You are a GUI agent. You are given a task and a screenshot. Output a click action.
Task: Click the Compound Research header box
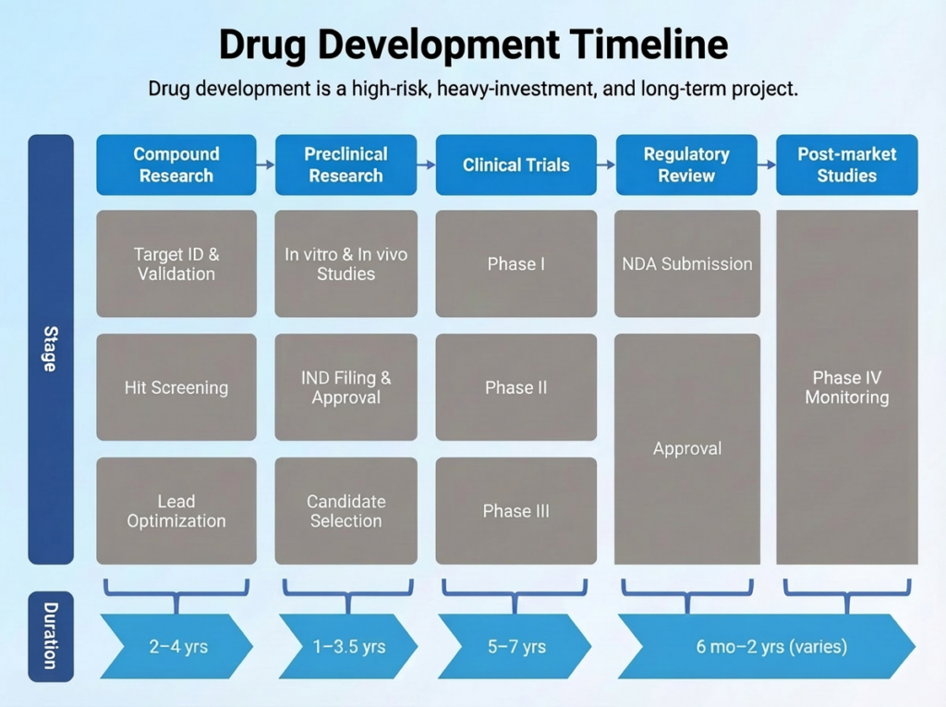coord(176,165)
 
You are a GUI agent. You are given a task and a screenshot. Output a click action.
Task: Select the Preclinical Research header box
coord(346,165)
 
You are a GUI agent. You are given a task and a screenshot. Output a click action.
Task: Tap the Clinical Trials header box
coord(515,165)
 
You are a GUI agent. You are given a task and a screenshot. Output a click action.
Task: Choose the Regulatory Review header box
coord(686,165)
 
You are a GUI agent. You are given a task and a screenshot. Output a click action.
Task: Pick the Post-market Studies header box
coord(846,165)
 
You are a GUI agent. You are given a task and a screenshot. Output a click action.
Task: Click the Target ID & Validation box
coord(176,263)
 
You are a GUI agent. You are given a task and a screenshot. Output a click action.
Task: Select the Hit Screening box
coord(176,387)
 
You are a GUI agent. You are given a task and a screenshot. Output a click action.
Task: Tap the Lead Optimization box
coord(176,511)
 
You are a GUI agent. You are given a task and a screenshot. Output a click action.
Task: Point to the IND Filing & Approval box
coord(346,387)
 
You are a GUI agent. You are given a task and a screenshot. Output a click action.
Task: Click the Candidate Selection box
coord(346,511)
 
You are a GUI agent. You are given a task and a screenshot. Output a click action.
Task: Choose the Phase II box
coord(515,387)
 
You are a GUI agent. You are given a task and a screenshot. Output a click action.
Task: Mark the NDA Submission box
coord(686,263)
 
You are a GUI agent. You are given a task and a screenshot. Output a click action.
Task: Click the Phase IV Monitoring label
coord(846,388)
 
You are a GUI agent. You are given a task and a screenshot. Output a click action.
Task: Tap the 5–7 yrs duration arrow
coord(515,646)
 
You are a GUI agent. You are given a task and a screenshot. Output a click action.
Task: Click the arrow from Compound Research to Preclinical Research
coord(265,165)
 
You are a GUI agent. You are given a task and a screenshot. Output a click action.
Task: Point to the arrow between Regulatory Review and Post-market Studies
coord(766,165)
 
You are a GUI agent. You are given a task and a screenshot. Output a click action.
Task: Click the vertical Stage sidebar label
coord(50,349)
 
